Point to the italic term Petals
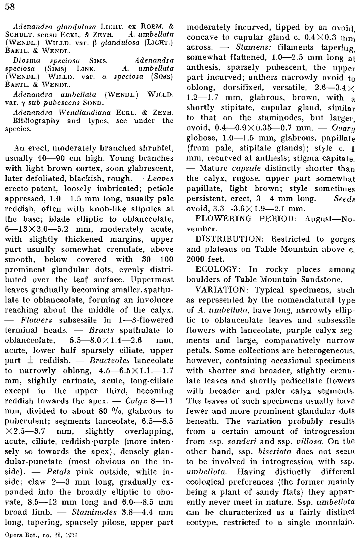58,471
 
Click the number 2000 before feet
196,259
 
